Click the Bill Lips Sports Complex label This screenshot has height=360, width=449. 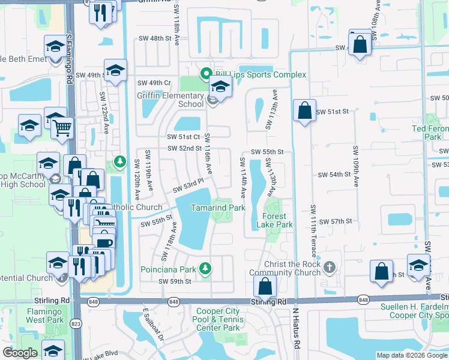[260, 74]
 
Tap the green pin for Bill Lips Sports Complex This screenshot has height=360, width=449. [205, 74]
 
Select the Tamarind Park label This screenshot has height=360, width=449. [218, 208]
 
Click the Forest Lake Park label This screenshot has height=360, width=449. [274, 220]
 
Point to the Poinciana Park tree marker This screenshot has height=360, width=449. [206, 268]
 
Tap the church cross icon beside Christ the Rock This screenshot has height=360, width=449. [328, 266]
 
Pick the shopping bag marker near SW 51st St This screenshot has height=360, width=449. [305, 110]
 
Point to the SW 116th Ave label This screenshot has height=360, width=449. [207, 151]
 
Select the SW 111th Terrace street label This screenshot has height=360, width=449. [313, 228]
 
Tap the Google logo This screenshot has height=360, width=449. [20, 353]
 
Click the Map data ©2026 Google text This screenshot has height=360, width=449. [412, 355]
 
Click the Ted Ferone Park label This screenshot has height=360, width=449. [430, 133]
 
